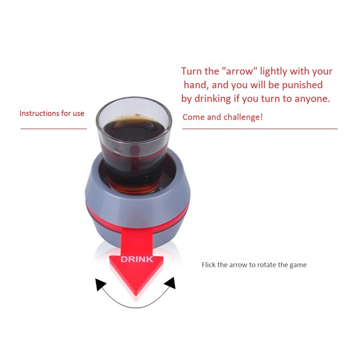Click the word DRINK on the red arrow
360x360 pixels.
coord(137,259)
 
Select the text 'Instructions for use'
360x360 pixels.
coord(52,113)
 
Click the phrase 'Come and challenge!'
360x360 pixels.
coord(222,117)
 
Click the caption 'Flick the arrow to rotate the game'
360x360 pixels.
coord(254,265)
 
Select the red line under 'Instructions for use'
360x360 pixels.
coord(54,129)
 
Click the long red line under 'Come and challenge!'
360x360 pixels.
coord(260,129)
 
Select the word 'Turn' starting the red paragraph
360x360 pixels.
coord(191,71)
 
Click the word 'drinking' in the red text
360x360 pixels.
coord(211,99)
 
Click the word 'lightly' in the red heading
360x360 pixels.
coord(274,71)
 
